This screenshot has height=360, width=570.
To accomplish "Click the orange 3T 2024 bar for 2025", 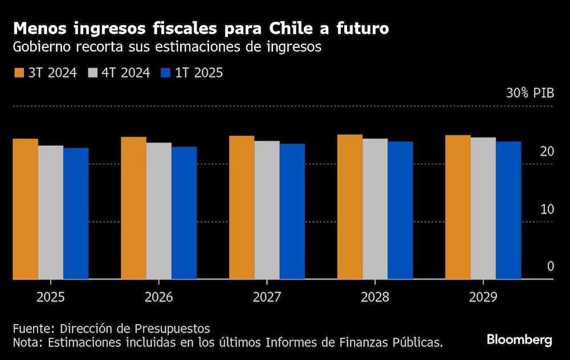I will click(26, 208).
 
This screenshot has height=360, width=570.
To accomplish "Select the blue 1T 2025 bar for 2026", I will click(184, 212).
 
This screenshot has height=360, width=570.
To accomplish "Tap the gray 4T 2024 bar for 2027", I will click(267, 210).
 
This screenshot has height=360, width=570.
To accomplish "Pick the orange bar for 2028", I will click(349, 207).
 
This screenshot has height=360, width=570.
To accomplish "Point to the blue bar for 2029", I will click(508, 210).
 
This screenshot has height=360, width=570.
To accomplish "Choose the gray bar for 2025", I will click(51, 212).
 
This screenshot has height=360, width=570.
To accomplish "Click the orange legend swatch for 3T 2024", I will click(19, 73).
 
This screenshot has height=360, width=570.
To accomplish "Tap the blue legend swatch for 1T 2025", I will click(166, 73).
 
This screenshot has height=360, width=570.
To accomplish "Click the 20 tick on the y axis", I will click(547, 152).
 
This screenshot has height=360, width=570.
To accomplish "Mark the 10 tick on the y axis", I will click(547, 209).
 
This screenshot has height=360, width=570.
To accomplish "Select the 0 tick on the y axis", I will click(550, 267).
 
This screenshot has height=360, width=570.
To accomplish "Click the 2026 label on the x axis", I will click(158, 297).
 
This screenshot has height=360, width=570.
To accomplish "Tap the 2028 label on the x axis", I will click(375, 297).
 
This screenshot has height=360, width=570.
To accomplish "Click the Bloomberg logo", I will click(519, 340).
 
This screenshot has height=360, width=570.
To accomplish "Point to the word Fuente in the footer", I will click(32, 329).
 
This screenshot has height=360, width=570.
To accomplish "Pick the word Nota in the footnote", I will click(27, 342).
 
